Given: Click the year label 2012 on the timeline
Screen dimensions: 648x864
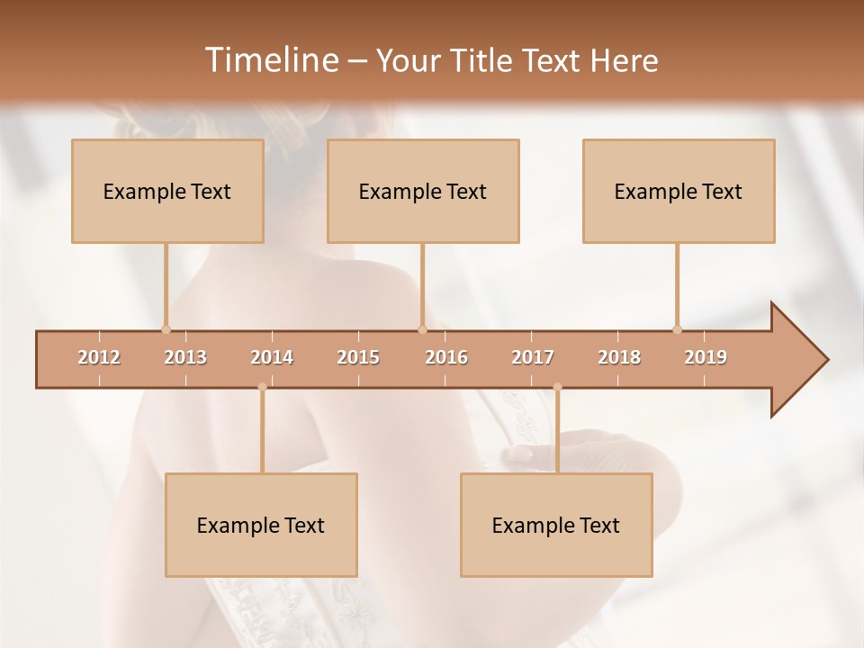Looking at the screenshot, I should [99, 357].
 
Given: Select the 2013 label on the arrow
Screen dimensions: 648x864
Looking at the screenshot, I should [185, 357].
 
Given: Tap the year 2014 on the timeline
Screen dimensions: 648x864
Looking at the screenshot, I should [272, 357].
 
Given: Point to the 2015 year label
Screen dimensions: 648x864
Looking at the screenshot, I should [358, 357].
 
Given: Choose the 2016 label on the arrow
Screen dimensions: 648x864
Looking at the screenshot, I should [446, 357].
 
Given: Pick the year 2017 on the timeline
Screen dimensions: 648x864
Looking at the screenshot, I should [533, 357].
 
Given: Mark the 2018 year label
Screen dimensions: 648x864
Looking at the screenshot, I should [619, 357].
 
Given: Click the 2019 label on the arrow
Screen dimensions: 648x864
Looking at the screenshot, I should [706, 357].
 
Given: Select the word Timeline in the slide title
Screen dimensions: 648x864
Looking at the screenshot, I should [269, 60].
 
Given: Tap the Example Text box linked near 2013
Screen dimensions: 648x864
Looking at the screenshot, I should [167, 191].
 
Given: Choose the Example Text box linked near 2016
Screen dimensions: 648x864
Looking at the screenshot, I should [423, 191].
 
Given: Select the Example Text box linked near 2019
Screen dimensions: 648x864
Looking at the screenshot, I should [679, 191].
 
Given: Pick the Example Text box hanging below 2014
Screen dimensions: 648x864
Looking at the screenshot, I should [261, 525].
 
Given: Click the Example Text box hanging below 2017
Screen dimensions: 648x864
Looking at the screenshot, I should [556, 525].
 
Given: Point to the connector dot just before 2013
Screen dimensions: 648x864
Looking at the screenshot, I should [166, 329].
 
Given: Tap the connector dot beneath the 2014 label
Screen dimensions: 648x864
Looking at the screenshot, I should [262, 387].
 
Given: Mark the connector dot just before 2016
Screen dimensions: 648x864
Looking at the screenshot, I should [422, 329].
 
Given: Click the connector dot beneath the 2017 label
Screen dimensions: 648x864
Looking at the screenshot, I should [557, 387].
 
